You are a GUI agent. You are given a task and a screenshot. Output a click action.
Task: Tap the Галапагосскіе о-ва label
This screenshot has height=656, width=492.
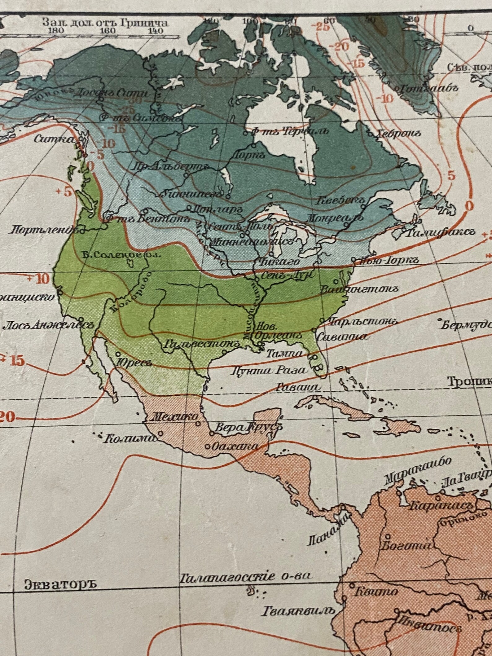point(246,576)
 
